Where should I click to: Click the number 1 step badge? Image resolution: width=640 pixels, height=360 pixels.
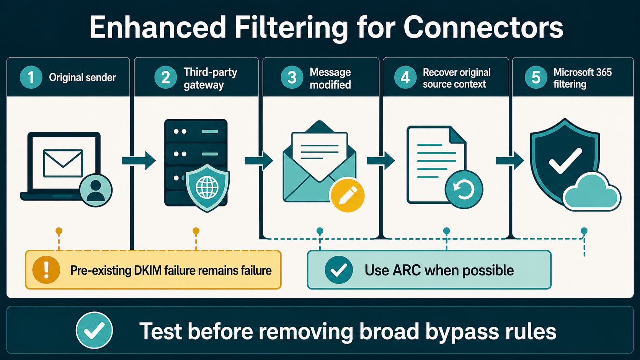[x=31, y=77]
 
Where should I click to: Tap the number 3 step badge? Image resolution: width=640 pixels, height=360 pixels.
[x=292, y=77]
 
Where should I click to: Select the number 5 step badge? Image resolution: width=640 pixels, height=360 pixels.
[x=536, y=77]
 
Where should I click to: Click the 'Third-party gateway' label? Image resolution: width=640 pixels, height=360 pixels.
[x=210, y=78]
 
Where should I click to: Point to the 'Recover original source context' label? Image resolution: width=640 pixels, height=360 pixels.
[x=457, y=78]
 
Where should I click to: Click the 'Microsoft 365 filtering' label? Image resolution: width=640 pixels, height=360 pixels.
[x=582, y=78]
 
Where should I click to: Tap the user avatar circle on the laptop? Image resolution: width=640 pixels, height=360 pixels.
[x=96, y=190]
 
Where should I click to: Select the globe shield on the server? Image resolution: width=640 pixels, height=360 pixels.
[x=207, y=188]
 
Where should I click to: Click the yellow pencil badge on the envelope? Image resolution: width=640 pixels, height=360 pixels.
[x=347, y=195]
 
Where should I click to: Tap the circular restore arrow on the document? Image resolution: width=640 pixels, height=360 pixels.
[x=464, y=189]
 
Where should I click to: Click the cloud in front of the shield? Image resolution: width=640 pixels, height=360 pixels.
[x=591, y=192]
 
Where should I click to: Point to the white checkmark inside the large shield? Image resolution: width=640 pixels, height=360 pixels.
[x=565, y=161]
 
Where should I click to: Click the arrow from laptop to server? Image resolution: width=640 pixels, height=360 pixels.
[x=139, y=161]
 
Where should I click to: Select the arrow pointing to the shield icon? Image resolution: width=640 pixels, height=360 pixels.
[x=510, y=161]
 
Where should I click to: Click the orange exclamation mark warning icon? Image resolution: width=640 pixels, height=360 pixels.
[x=46, y=270]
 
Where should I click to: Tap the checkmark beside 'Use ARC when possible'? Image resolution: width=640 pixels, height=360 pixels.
[x=339, y=270]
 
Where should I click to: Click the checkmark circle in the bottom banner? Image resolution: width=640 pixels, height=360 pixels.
[x=94, y=330]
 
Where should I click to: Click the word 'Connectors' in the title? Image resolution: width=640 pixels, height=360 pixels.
[x=483, y=28]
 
